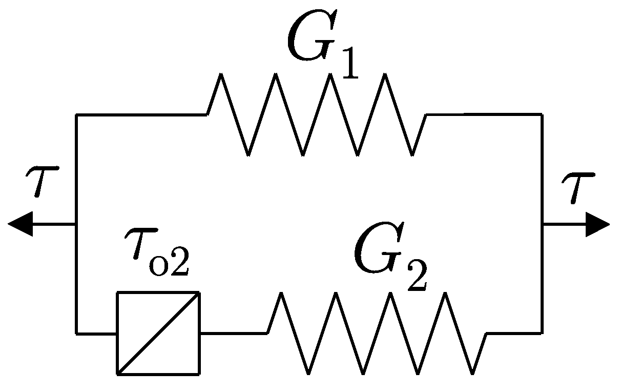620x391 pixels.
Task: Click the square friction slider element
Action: pos(158,333)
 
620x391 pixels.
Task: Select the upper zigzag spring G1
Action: pos(316,114)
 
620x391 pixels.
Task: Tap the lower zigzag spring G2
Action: pos(377,333)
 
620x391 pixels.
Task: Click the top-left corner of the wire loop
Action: pos(76,115)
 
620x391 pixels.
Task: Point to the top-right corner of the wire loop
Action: pos(542,115)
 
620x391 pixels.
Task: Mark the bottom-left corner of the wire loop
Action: pos(76,334)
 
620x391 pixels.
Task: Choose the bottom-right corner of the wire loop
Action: pos(542,333)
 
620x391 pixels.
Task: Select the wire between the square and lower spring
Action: pos(233,334)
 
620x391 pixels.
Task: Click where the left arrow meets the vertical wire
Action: pos(76,224)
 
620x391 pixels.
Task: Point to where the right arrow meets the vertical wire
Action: pos(542,224)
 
